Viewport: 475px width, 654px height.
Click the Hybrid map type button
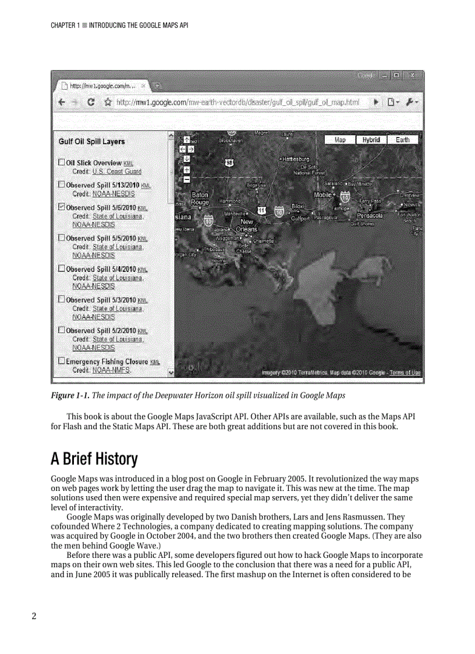pos(371,140)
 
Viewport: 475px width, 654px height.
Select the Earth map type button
pos(402,140)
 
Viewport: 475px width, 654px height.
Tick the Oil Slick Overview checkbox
pos(61,162)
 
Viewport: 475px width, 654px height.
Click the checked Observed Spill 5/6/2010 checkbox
pos(61,207)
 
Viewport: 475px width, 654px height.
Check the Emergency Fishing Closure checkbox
pos(61,361)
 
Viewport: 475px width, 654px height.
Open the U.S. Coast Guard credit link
pos(116,172)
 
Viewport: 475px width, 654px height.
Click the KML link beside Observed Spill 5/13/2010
pos(146,185)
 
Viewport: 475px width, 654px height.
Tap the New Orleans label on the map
pos(247,225)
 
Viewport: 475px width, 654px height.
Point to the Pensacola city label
pos(369,215)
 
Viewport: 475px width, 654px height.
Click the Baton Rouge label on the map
pos(200,199)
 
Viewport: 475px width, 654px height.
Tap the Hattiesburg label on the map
pos(296,159)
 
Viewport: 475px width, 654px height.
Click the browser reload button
pos(91,102)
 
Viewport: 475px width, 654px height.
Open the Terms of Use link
pos(405,373)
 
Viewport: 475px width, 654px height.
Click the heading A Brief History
pos(94,459)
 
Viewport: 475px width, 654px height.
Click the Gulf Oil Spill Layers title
pos(91,142)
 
